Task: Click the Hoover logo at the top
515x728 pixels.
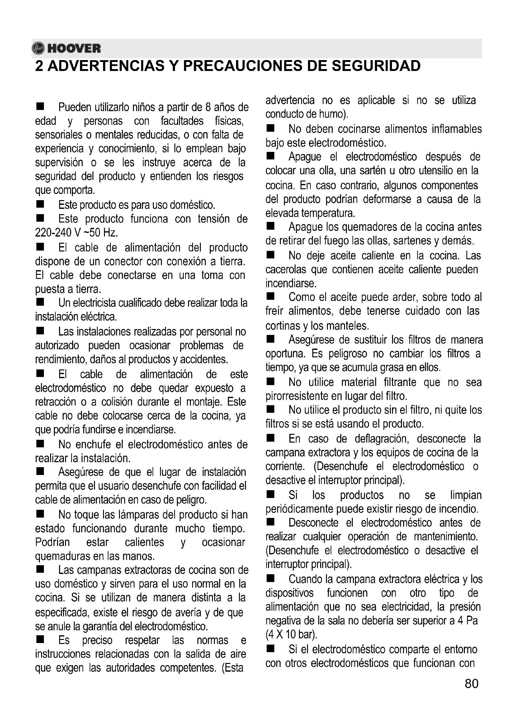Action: coord(67,49)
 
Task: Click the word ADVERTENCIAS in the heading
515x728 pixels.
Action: coord(106,66)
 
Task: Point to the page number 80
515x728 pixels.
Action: coord(471,684)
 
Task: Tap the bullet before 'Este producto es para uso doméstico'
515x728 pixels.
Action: coord(40,204)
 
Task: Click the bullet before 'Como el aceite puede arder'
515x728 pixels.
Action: coord(270,297)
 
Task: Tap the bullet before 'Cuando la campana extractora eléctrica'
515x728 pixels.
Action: coord(270,579)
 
